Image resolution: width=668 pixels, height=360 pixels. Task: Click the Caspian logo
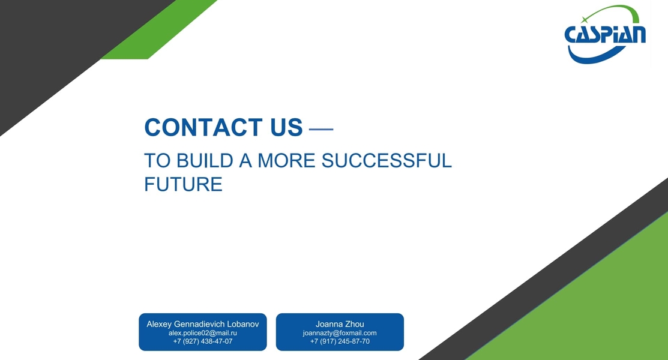[605, 34]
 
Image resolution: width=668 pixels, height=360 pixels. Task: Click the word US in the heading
[286, 127]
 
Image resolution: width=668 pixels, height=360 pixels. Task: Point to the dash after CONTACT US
[320, 128]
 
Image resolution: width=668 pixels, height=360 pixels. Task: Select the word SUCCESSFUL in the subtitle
[387, 161]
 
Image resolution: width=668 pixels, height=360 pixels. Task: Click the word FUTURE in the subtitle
[183, 184]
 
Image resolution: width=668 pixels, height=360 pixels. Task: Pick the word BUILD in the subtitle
[205, 161]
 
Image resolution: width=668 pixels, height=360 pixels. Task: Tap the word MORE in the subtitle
[286, 161]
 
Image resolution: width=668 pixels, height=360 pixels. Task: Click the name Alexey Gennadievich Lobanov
[203, 324]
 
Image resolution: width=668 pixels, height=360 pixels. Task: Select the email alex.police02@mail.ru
[203, 333]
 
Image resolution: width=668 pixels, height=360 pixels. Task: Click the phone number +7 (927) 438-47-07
[203, 341]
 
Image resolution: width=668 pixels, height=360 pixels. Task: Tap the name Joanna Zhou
[340, 324]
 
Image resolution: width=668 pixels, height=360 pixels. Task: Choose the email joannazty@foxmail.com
[340, 333]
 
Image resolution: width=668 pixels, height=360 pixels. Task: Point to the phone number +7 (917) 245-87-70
[340, 341]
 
